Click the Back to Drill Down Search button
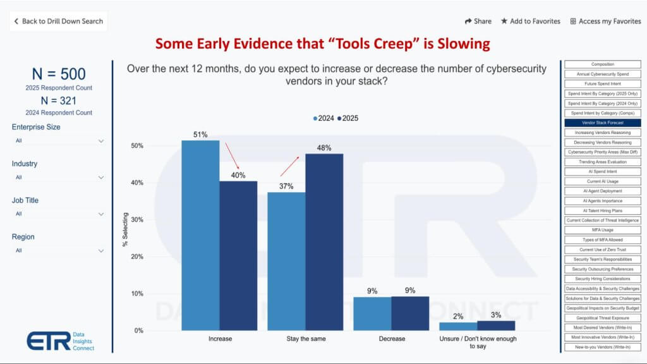click(x=58, y=21)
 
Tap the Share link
click(x=478, y=21)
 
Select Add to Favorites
click(x=530, y=21)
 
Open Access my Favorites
click(x=605, y=21)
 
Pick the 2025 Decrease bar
click(x=410, y=313)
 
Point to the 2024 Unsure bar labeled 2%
click(x=458, y=326)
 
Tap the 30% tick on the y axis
click(x=137, y=220)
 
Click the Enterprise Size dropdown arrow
click(x=101, y=141)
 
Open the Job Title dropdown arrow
click(x=101, y=214)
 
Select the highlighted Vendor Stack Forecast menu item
click(x=602, y=123)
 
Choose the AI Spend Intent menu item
click(x=602, y=171)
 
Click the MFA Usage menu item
click(x=602, y=230)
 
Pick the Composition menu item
click(x=602, y=64)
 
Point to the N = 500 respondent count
click(x=57, y=74)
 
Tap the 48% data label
click(x=324, y=148)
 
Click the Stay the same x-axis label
click(x=306, y=339)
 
